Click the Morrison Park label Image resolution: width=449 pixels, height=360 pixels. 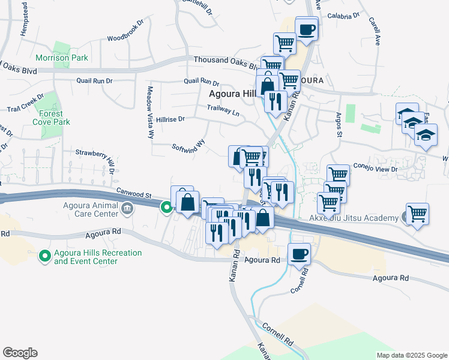[62, 58]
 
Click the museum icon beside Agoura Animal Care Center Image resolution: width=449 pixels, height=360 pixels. [127, 209]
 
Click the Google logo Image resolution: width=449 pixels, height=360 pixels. [20, 353]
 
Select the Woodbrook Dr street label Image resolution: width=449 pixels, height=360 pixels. [126, 33]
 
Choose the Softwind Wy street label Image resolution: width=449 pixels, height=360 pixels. [188, 145]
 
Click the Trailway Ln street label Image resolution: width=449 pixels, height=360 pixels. [223, 110]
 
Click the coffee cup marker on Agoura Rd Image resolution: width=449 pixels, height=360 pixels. [299, 253]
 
